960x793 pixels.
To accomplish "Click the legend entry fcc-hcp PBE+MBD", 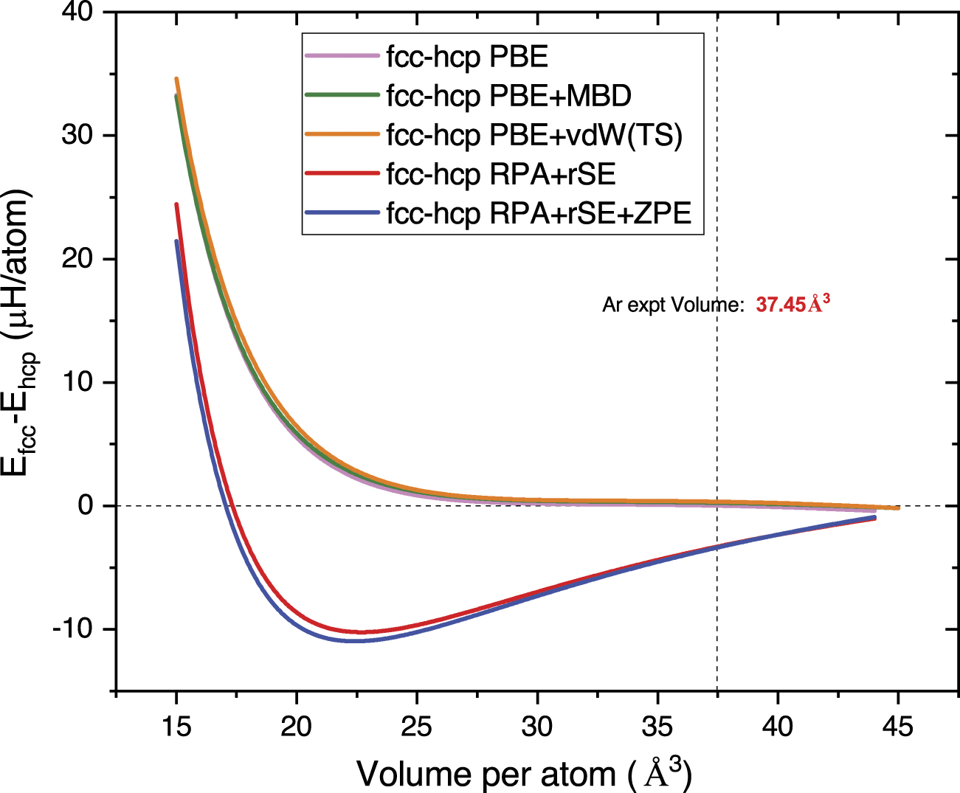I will coord(508,96).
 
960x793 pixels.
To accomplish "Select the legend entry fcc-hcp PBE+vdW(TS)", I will coord(534,135).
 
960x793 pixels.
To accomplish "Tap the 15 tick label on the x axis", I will coord(176,727).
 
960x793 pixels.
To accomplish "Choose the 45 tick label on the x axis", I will coord(897,727).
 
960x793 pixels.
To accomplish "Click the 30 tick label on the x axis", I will coord(536,727).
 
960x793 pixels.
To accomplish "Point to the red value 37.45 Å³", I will coord(793,304).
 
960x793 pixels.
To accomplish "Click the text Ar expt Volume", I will coord(673,305).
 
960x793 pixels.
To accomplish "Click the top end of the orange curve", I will coord(176,78).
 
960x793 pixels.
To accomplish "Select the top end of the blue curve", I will coord(176,241).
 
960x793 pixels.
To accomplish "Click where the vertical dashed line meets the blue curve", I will coord(717,547).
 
